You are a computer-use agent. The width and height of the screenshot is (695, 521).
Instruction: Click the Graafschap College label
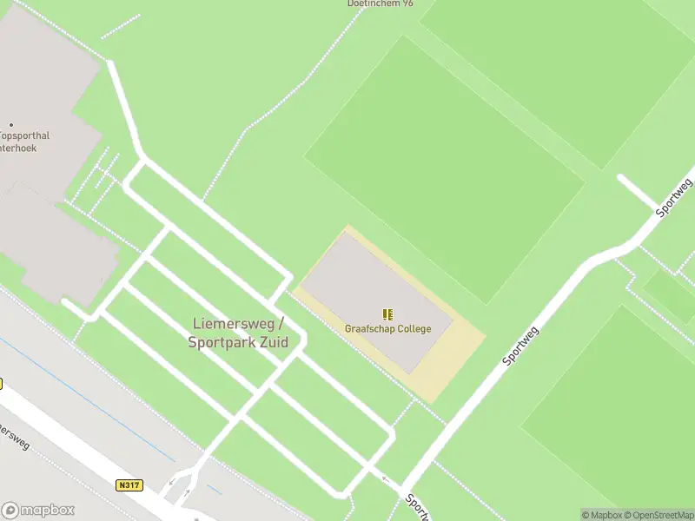tap(387, 329)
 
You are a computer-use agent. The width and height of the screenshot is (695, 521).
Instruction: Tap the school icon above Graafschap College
tap(387, 313)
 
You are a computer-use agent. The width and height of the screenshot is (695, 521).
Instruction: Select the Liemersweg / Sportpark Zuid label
tap(238, 333)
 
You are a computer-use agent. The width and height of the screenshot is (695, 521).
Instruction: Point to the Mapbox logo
tap(38, 511)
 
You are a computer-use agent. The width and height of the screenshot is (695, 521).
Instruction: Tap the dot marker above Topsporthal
tap(10, 125)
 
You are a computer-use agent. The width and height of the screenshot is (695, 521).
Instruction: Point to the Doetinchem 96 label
tap(381, 3)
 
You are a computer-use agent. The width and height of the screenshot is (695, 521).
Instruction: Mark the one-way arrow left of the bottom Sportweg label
tap(386, 478)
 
